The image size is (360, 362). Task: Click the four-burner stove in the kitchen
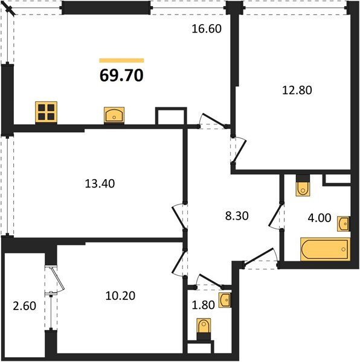[x=46, y=112]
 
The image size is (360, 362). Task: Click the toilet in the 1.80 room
[x=204, y=328]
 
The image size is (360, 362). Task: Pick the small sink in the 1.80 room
[x=224, y=299]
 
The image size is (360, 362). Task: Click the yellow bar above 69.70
[x=121, y=60]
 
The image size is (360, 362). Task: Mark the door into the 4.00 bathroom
[x=281, y=217]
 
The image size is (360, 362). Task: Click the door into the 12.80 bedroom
[x=237, y=148]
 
